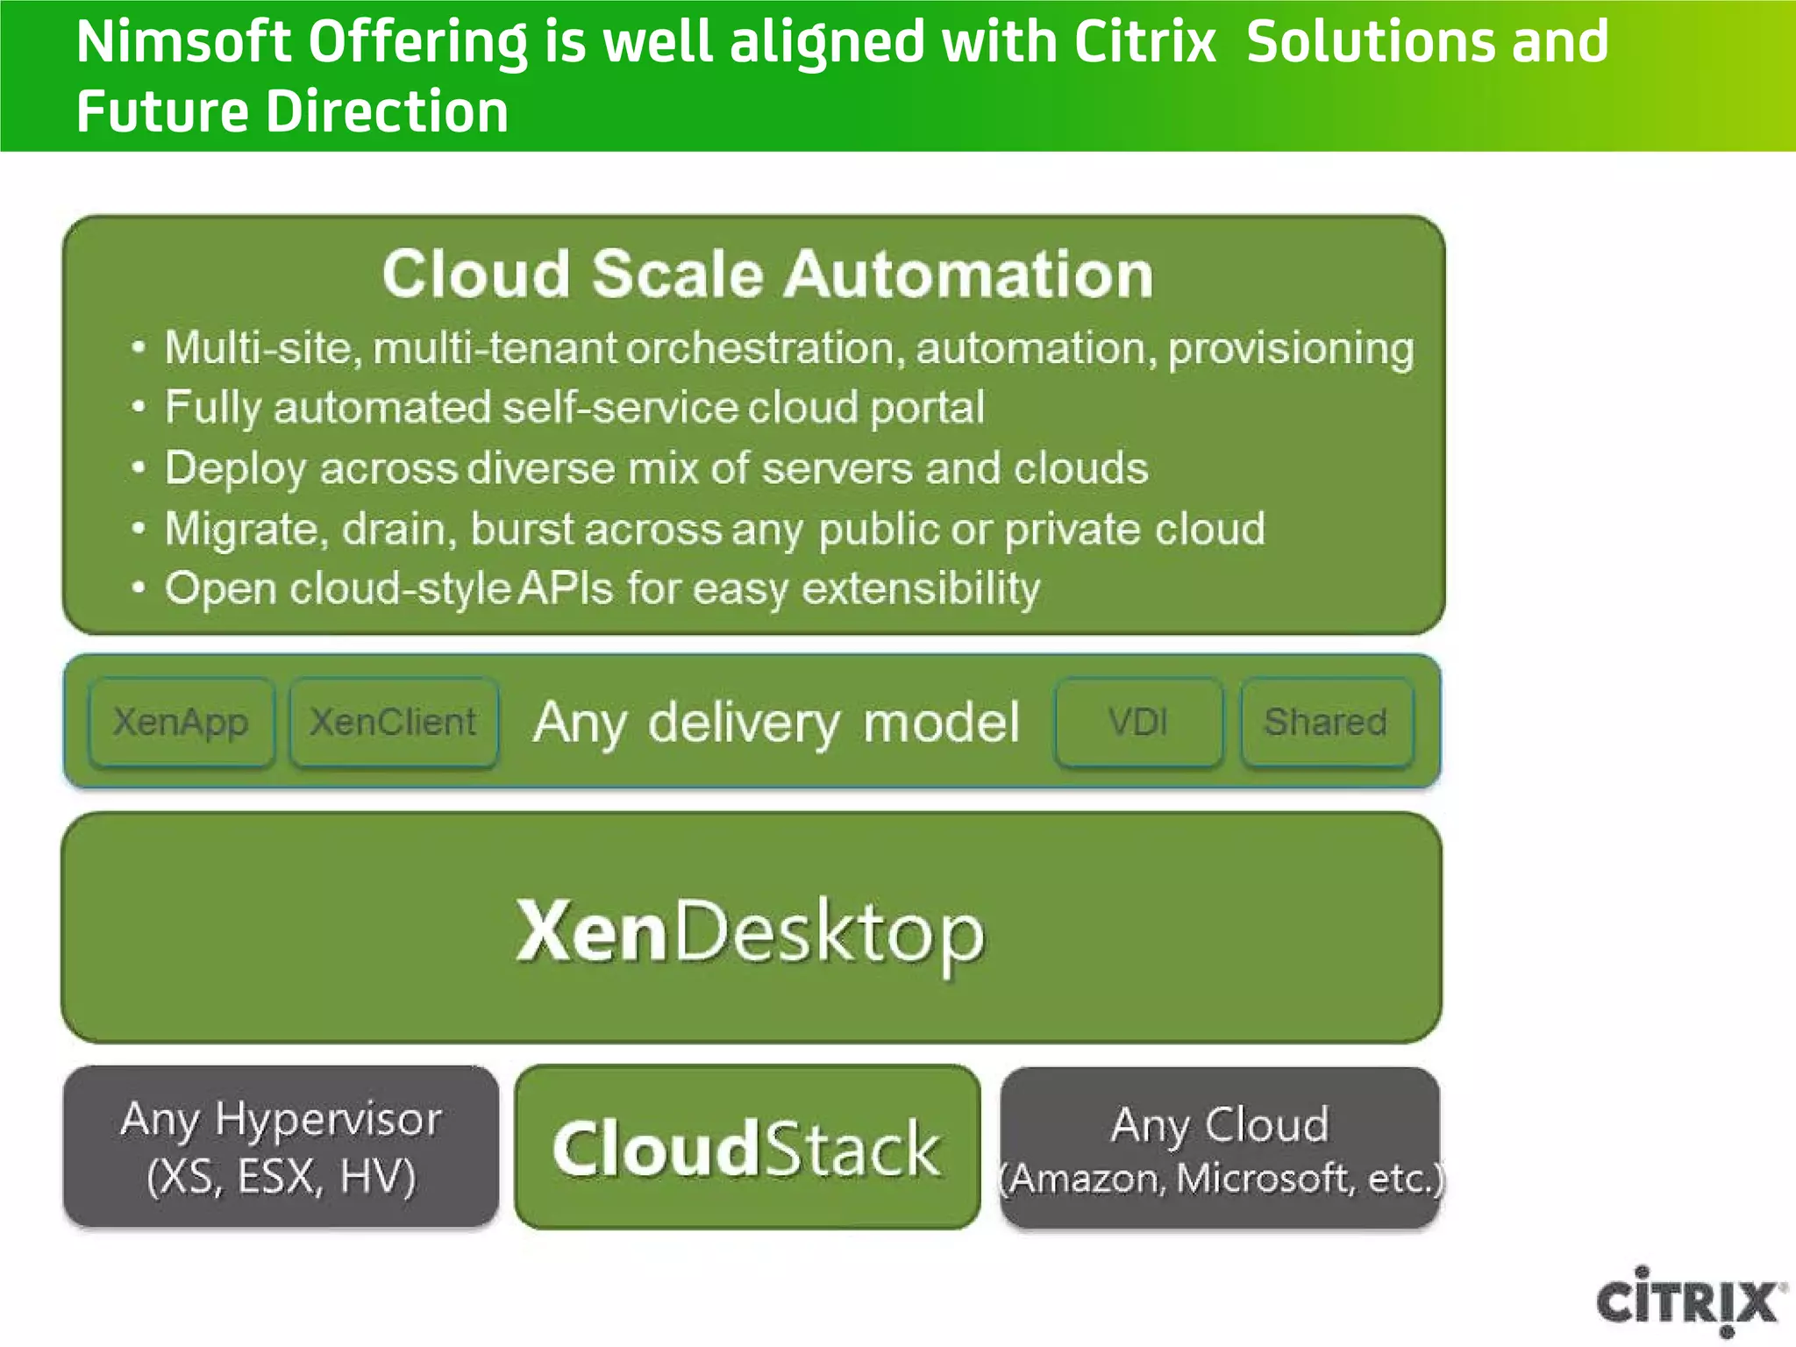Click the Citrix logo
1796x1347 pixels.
pos(1688,1301)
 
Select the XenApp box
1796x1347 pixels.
pos(182,723)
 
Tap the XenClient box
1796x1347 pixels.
pos(394,723)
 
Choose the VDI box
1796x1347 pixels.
pos(1138,723)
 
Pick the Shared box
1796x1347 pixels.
pos(1326,723)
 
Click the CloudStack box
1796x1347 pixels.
pos(747,1147)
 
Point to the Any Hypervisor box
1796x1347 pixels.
pos(281,1147)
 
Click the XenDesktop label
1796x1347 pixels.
pos(751,931)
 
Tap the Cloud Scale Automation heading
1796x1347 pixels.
pos(767,274)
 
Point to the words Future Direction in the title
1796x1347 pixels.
pos(292,112)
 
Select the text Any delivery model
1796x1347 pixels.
pos(776,723)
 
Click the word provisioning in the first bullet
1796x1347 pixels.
pos(1291,349)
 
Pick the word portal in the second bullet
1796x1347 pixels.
pos(927,408)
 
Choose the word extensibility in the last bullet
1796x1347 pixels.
pos(921,588)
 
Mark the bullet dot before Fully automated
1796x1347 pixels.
pos(138,408)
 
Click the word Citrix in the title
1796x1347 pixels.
pos(1144,42)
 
